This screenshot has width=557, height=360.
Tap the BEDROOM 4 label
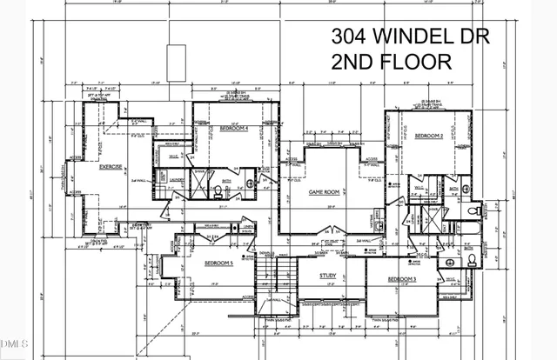(x=234, y=128)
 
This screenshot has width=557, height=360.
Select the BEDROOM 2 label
(x=429, y=137)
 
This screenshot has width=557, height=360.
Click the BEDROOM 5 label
(x=218, y=263)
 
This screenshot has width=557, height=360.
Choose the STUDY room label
(x=327, y=277)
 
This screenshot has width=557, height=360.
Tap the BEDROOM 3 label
(x=402, y=278)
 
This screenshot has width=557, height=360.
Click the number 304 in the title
(x=348, y=37)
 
